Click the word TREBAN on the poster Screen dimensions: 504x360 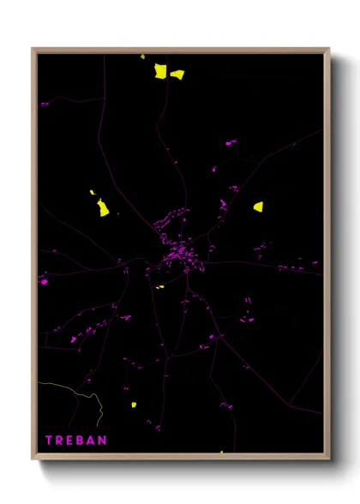(x=76, y=440)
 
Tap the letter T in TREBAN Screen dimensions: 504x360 (x=50, y=440)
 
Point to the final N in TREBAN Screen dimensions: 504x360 (x=103, y=440)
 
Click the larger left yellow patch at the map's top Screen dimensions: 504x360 (x=160, y=70)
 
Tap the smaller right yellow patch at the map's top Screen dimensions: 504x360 (x=177, y=75)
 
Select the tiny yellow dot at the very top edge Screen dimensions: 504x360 (x=143, y=57)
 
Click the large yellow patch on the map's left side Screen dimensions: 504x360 (x=103, y=208)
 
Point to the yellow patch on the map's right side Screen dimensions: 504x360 (x=258, y=207)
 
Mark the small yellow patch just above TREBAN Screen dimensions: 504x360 (x=134, y=404)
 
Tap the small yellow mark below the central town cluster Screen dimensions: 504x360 (x=159, y=287)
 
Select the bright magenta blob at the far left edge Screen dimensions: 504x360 (x=43, y=280)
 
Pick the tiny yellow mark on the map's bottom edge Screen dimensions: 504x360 (x=221, y=452)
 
